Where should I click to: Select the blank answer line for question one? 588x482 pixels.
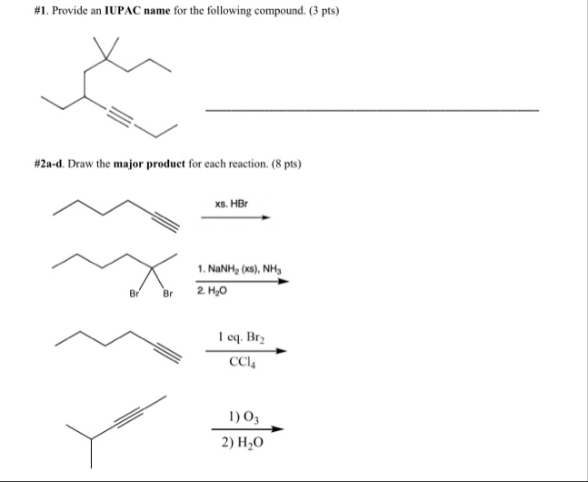coord(372,110)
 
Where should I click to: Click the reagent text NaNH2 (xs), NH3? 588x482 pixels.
coord(240,270)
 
